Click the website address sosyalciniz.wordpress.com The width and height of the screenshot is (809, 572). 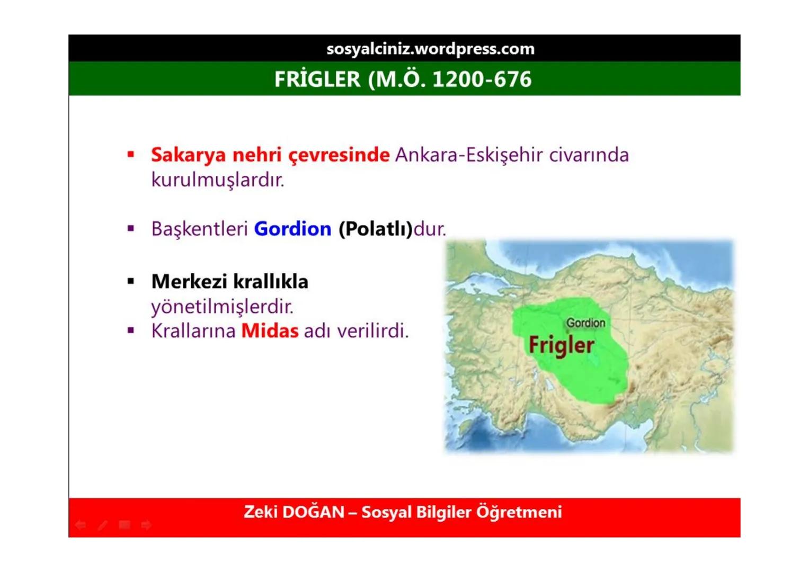430,49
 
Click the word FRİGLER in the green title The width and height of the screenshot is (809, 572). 317,79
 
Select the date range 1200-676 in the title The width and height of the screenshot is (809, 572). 482,79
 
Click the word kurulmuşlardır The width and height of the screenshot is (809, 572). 218,180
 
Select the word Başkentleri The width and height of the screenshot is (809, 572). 199,229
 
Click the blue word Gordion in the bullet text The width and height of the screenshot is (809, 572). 292,229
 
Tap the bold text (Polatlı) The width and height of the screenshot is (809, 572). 375,229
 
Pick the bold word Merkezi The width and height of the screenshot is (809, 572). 189,282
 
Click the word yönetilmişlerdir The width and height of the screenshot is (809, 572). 222,307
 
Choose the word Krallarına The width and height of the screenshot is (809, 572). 193,331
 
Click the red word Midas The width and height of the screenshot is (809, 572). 270,331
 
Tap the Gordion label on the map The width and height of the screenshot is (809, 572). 585,323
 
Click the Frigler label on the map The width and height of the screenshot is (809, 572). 561,345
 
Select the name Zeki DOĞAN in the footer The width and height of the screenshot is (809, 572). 294,512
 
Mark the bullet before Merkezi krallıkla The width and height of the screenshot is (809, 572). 131,281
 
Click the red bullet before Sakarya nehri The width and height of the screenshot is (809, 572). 131,155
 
